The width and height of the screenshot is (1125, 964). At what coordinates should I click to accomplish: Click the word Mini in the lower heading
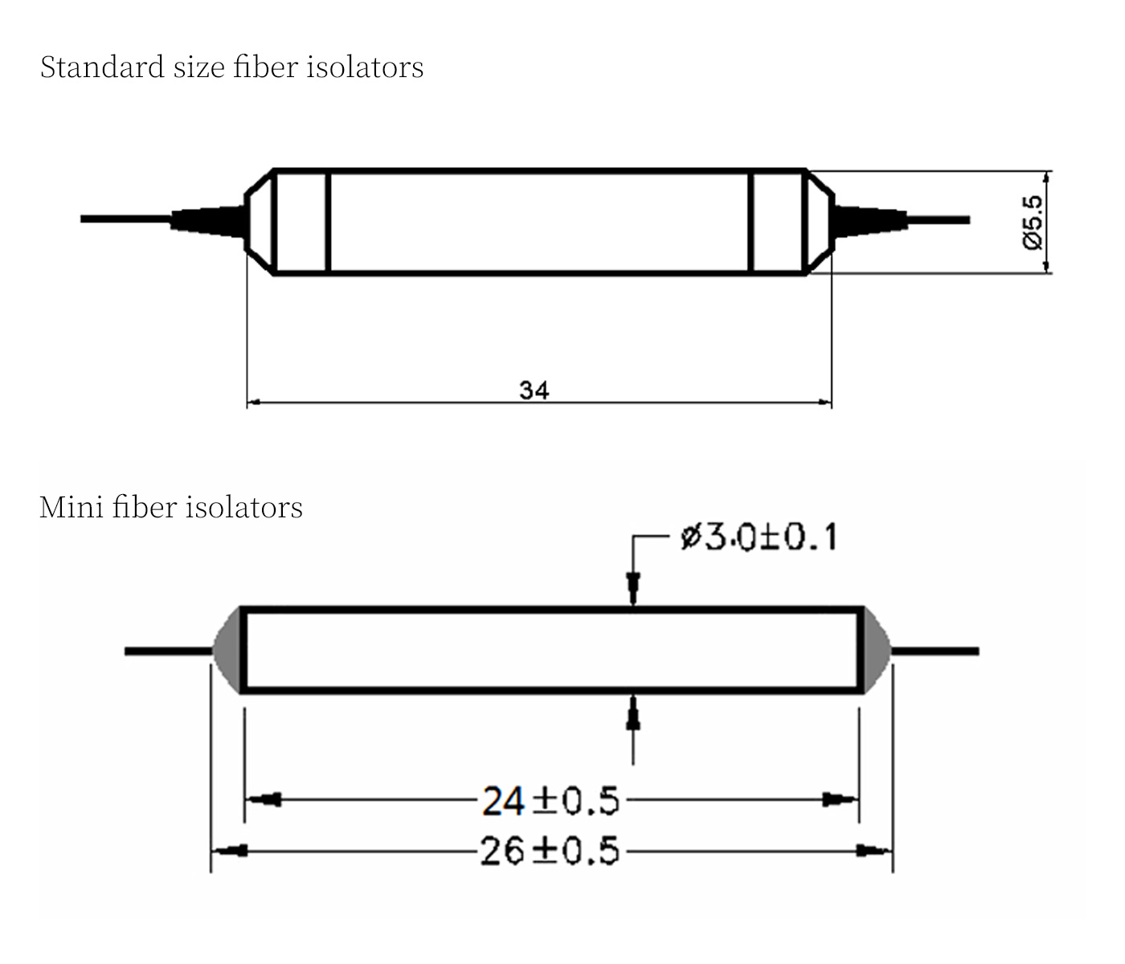(70, 507)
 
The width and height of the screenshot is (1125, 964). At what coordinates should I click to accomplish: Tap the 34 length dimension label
(534, 390)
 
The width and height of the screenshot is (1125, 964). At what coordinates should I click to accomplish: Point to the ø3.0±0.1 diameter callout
(758, 537)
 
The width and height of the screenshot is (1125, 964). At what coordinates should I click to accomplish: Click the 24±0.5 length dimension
(550, 801)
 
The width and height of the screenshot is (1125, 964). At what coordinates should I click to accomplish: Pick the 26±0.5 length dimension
(550, 851)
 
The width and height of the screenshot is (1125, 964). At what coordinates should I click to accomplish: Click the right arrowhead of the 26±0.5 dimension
(873, 850)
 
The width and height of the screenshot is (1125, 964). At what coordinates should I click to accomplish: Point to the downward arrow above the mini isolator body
(633, 586)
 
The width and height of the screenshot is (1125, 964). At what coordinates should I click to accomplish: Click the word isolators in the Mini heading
(244, 507)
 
